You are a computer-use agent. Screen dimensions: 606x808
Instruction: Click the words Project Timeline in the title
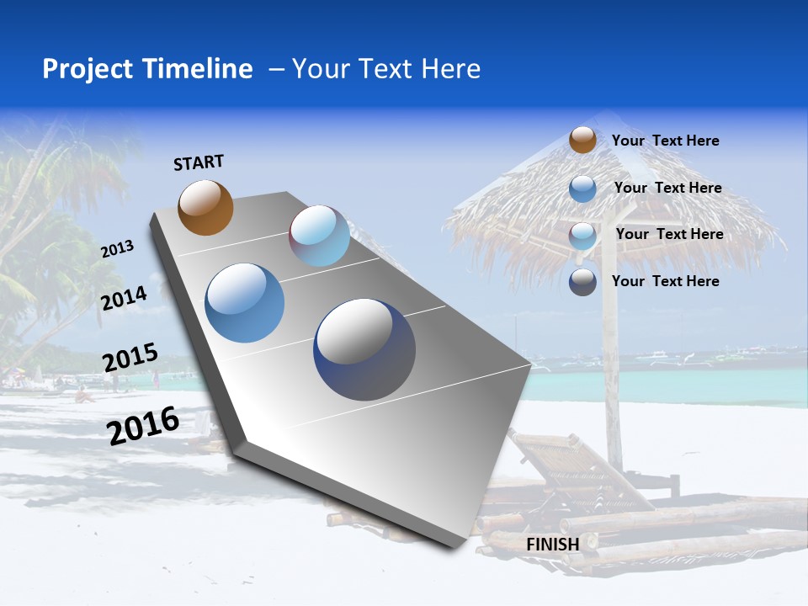pyautogui.click(x=147, y=69)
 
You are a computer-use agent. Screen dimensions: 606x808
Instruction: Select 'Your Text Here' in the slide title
pyautogui.click(x=386, y=69)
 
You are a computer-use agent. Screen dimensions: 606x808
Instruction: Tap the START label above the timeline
pyautogui.click(x=199, y=162)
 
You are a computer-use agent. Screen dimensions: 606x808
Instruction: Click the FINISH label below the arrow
pyautogui.click(x=552, y=545)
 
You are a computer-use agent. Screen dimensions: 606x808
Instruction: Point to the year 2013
pyautogui.click(x=117, y=248)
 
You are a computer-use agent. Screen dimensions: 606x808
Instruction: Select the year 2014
pyautogui.click(x=124, y=298)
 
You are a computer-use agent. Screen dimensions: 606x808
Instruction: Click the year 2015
pyautogui.click(x=130, y=357)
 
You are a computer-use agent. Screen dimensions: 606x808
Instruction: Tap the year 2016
pyautogui.click(x=143, y=425)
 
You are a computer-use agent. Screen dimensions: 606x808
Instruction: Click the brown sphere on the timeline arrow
pyautogui.click(x=205, y=207)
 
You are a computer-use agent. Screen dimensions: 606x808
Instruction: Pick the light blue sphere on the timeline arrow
pyautogui.click(x=320, y=236)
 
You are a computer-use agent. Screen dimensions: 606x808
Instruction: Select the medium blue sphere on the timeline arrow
pyautogui.click(x=244, y=303)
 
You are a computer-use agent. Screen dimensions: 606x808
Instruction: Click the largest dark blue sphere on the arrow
pyautogui.click(x=364, y=349)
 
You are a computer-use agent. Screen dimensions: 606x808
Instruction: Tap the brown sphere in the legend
pyautogui.click(x=582, y=140)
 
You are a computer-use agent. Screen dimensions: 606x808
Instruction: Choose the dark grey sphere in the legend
pyautogui.click(x=582, y=282)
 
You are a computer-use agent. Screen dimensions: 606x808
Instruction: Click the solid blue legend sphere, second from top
pyautogui.click(x=582, y=189)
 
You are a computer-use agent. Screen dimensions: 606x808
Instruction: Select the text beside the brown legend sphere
pyautogui.click(x=665, y=141)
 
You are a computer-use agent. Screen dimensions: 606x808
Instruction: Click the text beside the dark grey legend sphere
pyautogui.click(x=665, y=281)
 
